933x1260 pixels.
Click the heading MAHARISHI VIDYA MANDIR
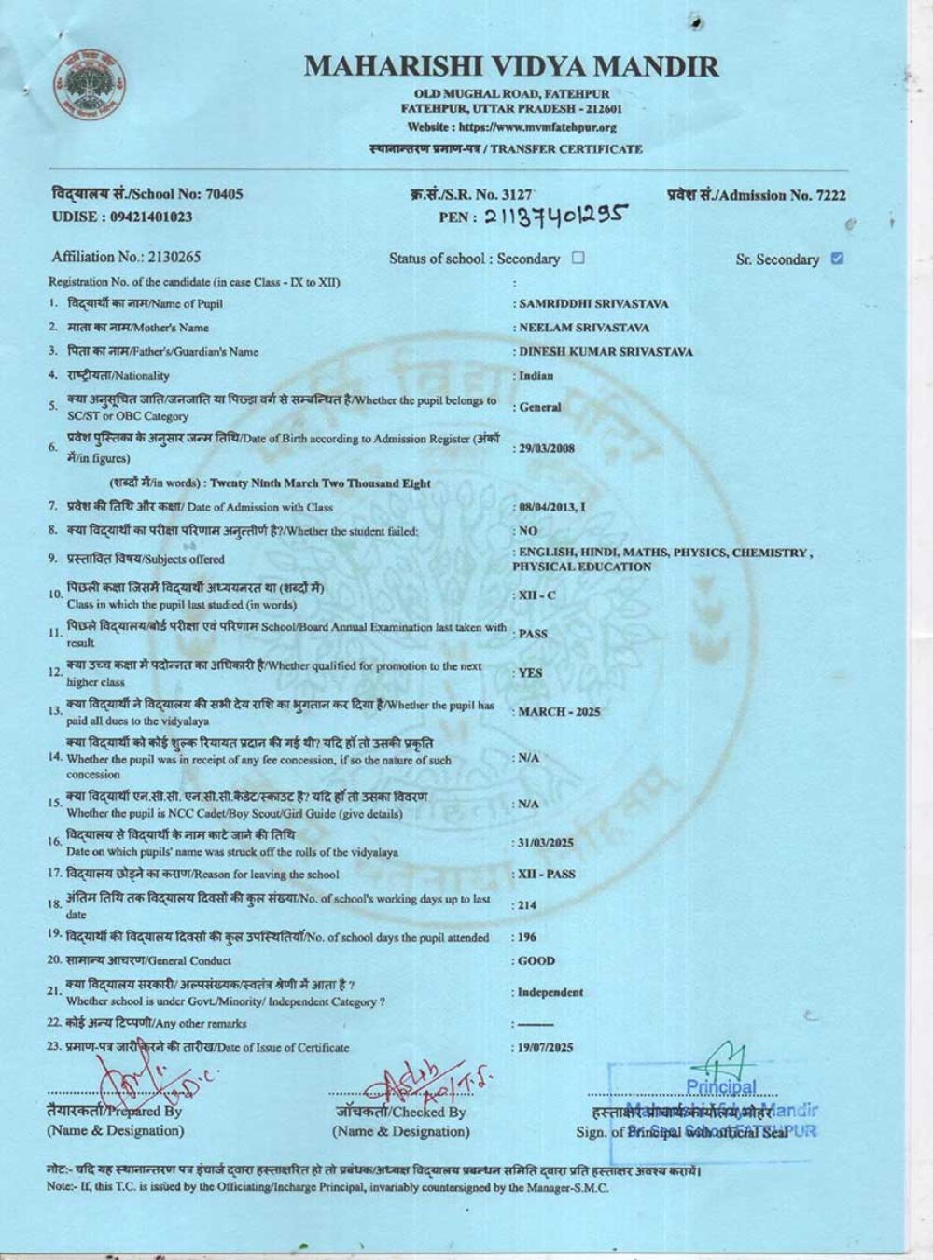tap(511, 66)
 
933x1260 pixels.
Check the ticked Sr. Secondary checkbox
tap(837, 259)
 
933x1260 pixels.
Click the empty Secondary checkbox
tap(578, 258)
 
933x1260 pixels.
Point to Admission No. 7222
tap(757, 195)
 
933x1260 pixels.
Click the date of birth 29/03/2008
tap(547, 448)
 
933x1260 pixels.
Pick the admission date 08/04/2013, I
tap(552, 507)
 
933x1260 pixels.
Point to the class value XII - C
tap(536, 595)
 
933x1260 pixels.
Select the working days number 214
tap(527, 905)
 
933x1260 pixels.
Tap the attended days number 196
tap(527, 937)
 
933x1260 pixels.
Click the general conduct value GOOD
tap(536, 960)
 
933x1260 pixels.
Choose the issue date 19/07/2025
tap(546, 1047)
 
